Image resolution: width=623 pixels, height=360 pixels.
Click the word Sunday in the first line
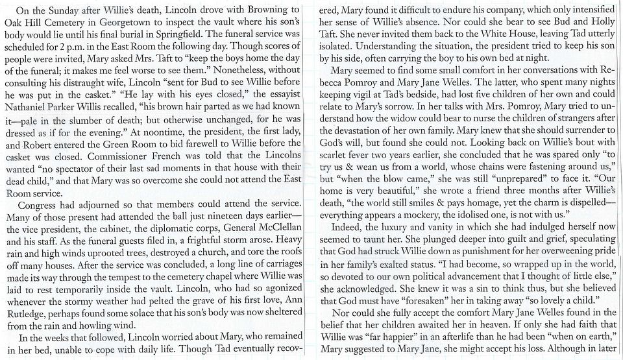[59, 10]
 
